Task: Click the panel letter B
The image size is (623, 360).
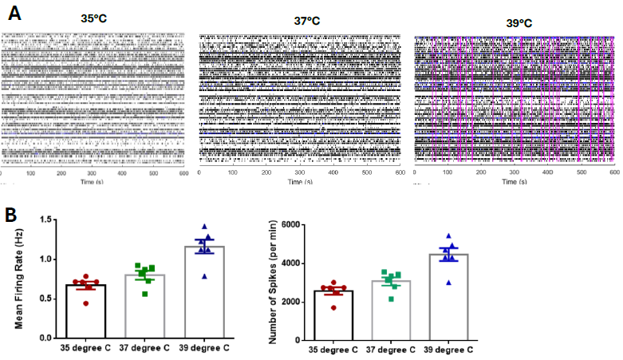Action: [x=11, y=214]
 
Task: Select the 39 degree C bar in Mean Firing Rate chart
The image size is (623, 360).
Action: [x=206, y=292]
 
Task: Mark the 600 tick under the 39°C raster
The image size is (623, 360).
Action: [x=613, y=173]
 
